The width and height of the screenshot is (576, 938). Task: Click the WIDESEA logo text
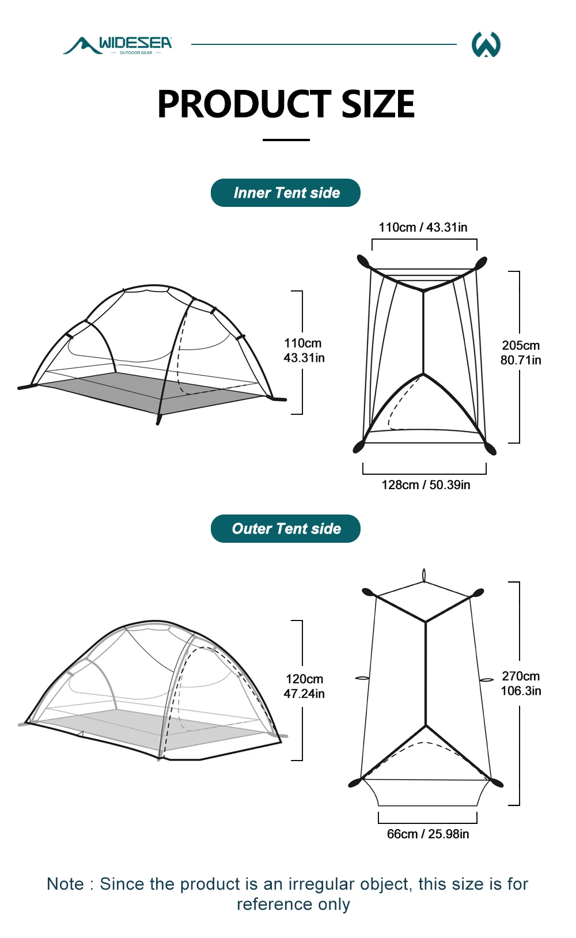[x=135, y=43]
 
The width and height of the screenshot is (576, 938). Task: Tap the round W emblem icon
[x=486, y=44]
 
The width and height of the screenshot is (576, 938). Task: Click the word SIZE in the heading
[x=378, y=104]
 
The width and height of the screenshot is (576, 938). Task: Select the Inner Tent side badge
[x=286, y=192]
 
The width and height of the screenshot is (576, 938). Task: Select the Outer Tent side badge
[x=286, y=528]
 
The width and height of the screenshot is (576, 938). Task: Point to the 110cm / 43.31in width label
[x=423, y=228]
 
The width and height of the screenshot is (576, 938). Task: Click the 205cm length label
[x=521, y=346]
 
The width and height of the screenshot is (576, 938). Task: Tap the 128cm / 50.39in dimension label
[x=426, y=485]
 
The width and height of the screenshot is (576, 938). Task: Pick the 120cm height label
[x=304, y=679]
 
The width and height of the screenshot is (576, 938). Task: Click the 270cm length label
[x=521, y=676]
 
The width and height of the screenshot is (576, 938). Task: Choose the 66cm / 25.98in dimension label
[x=428, y=834]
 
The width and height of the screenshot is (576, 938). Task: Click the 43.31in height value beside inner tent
[x=304, y=358]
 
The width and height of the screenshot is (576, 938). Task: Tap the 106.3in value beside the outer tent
[x=521, y=690]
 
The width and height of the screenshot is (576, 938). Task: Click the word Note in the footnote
[x=65, y=884]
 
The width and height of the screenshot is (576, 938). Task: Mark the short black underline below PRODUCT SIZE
[x=286, y=140]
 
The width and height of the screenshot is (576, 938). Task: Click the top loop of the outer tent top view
[x=424, y=575]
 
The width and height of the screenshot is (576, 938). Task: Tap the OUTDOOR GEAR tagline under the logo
[x=135, y=53]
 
